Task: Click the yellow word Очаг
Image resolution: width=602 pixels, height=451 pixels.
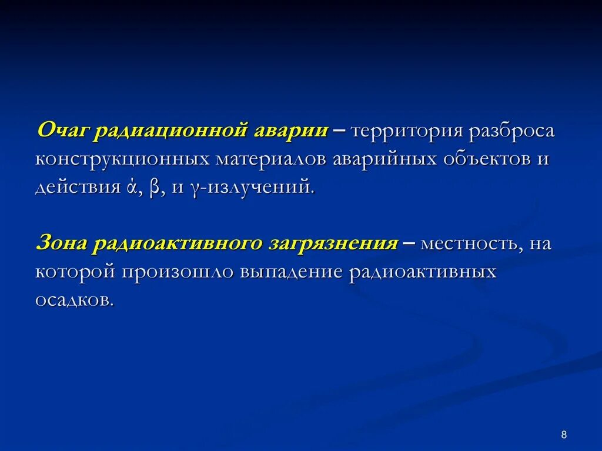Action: [x=63, y=131]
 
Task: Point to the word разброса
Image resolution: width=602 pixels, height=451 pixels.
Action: [x=511, y=131]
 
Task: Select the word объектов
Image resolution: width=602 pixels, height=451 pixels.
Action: [x=492, y=159]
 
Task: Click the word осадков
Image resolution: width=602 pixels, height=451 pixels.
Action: [x=73, y=300]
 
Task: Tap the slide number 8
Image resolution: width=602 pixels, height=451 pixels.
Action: [x=564, y=435]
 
